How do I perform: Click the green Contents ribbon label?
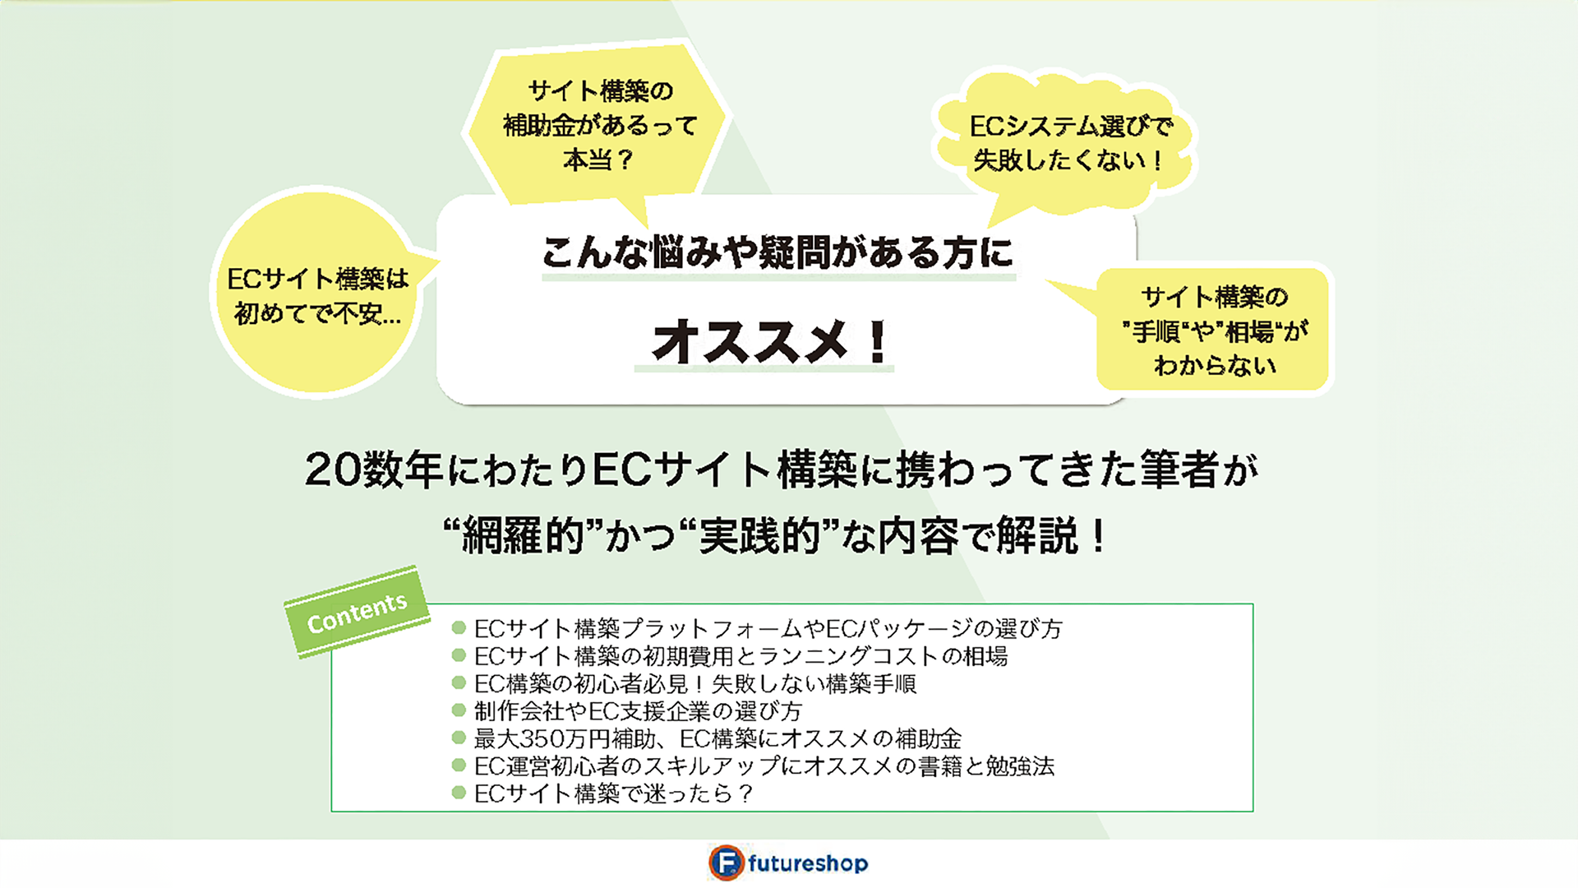[357, 613]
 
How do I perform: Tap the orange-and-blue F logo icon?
[726, 863]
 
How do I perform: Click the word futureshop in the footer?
[808, 863]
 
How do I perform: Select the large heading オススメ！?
[771, 341]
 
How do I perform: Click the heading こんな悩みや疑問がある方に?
[777, 252]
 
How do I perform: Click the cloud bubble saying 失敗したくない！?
[1067, 140]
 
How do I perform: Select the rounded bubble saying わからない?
[1213, 330]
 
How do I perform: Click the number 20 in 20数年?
[333, 470]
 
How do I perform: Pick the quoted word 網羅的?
[523, 537]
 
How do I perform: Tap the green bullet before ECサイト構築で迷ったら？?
[459, 793]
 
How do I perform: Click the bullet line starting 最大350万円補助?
[717, 738]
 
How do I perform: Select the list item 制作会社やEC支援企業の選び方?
[638, 711]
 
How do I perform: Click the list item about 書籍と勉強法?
[764, 766]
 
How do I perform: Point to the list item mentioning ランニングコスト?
[741, 656]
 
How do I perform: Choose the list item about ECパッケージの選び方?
[768, 629]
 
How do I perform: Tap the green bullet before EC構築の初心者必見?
[459, 682]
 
